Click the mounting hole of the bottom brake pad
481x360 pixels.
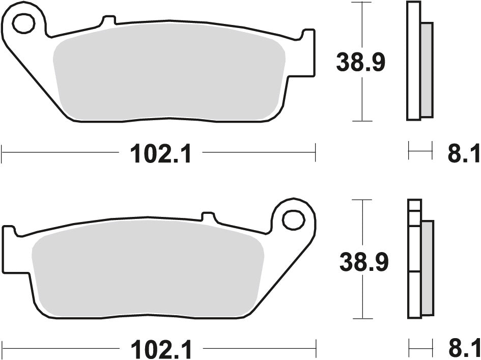(x=293, y=220)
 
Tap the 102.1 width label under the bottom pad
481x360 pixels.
(x=161, y=350)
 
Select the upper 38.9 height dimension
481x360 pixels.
(x=361, y=63)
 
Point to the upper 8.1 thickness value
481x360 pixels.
(x=463, y=154)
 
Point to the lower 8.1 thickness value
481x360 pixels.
(x=463, y=350)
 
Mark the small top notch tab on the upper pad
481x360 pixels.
(x=108, y=21)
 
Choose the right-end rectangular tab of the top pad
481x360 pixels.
(x=308, y=53)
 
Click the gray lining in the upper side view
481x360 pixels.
(x=427, y=69)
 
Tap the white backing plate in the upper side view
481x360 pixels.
(x=413, y=61)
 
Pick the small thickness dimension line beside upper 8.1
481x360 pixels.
(x=420, y=151)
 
